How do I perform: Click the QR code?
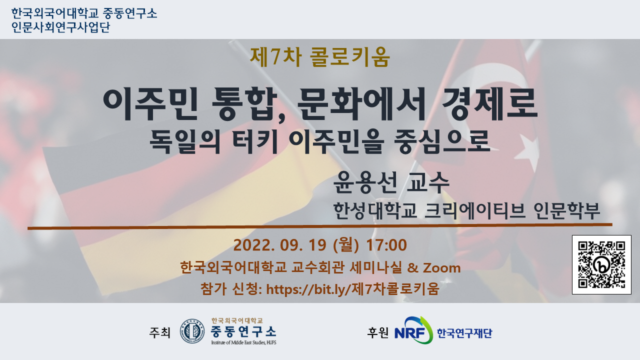pos(601,264)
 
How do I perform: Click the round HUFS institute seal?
pos(192,331)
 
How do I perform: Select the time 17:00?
pos(386,245)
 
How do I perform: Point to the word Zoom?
pos(441,268)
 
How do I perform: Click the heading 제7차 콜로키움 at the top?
pos(320,57)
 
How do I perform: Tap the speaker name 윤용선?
pos(365,182)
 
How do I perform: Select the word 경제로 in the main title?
pos(489,103)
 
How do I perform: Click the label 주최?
pos(159,332)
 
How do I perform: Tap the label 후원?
pos(377,332)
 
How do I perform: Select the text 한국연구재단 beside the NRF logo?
pos(464,333)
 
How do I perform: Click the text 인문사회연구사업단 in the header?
pos(60,27)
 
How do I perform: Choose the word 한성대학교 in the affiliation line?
pos(375,211)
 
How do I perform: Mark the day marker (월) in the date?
pos(346,245)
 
